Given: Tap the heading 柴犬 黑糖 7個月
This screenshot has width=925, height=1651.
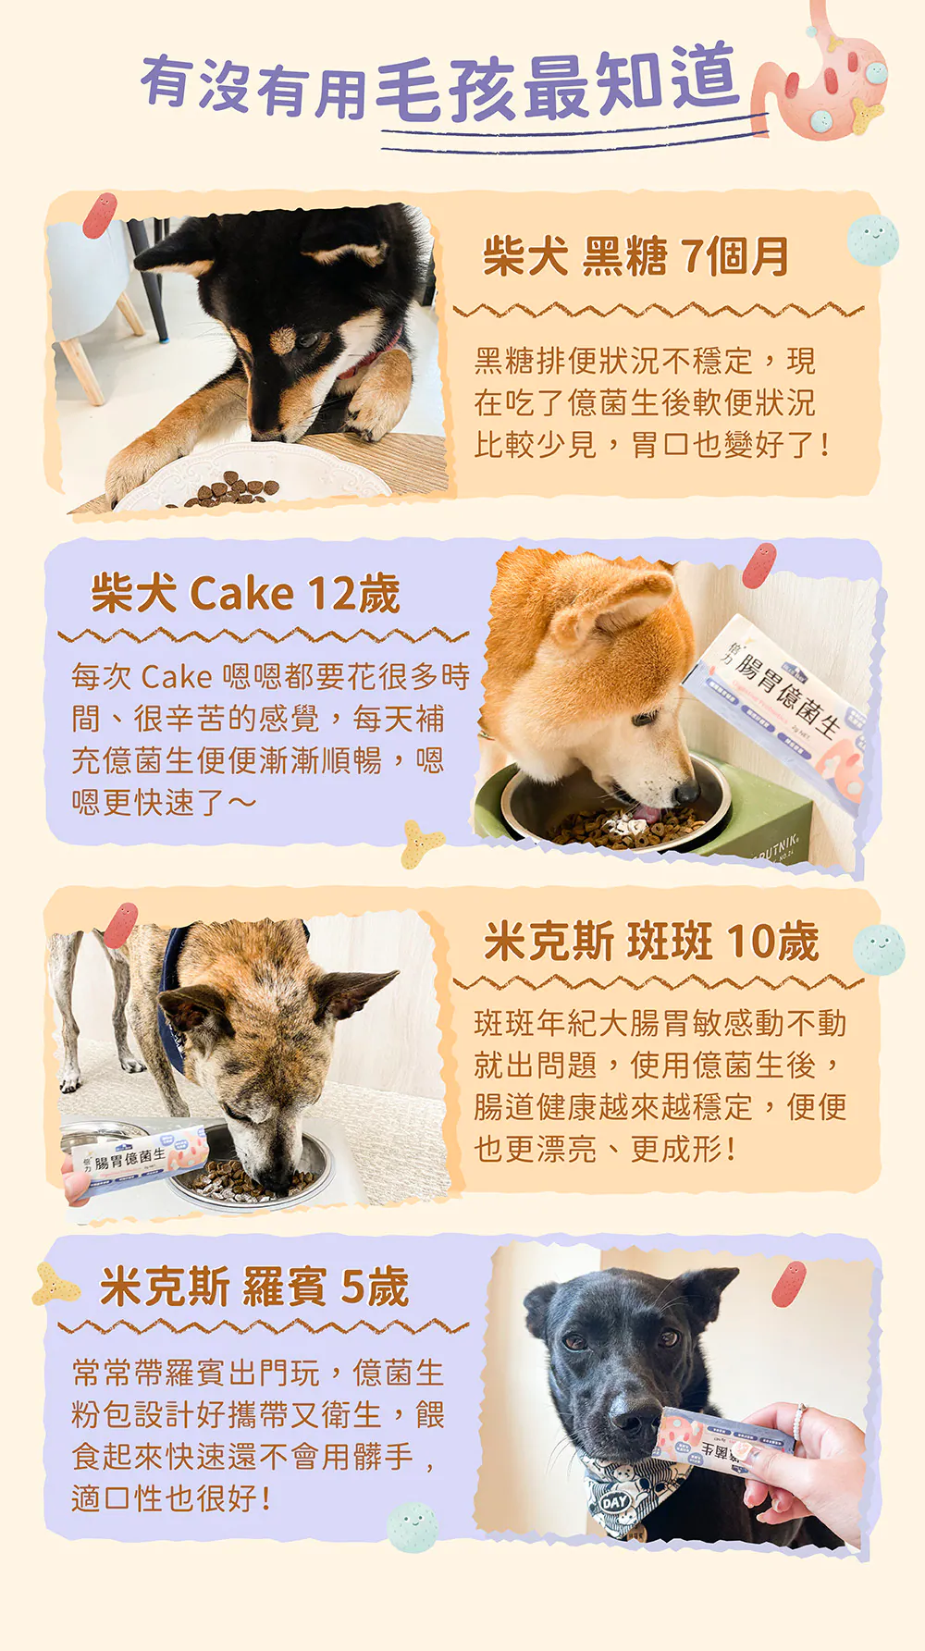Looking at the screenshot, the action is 635,256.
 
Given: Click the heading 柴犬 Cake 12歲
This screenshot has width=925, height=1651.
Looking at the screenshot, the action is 245,593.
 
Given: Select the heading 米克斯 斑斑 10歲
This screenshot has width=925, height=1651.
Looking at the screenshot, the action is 651,942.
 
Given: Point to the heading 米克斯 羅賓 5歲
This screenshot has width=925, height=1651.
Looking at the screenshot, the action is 254,1287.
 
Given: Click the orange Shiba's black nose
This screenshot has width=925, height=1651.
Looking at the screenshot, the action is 684,793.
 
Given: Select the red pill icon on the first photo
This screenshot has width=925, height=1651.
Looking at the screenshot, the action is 99,215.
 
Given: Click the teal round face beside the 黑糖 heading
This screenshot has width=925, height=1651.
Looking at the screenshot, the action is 872,240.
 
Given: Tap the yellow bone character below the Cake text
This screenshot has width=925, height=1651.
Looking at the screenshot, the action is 422,844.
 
